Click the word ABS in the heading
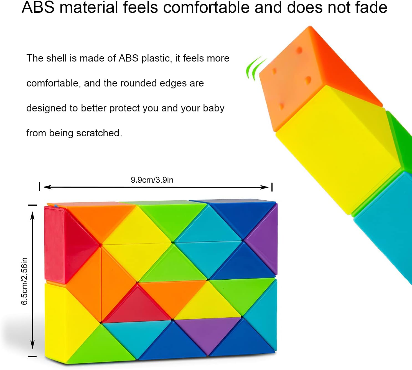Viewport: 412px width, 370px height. [x=38, y=7]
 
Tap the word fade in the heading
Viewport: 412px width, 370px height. [x=371, y=7]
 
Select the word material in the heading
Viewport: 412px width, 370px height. [x=89, y=7]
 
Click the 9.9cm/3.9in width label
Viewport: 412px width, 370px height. [x=152, y=180]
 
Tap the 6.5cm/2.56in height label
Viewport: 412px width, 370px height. [x=24, y=281]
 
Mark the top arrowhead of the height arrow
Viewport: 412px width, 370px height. [x=32, y=216]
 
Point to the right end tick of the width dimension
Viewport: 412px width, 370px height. [x=272, y=187]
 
